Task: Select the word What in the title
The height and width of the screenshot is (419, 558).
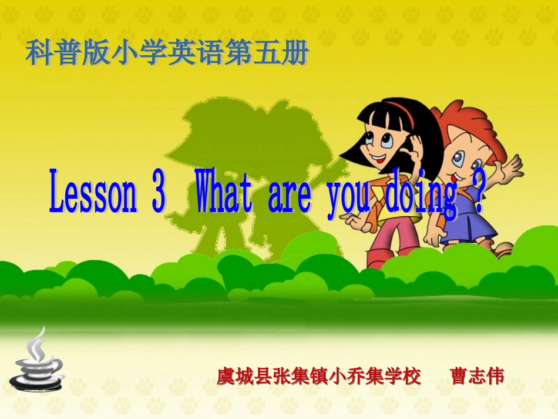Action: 224,192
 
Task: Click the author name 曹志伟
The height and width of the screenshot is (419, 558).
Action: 476,376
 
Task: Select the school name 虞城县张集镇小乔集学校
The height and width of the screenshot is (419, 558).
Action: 319,376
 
